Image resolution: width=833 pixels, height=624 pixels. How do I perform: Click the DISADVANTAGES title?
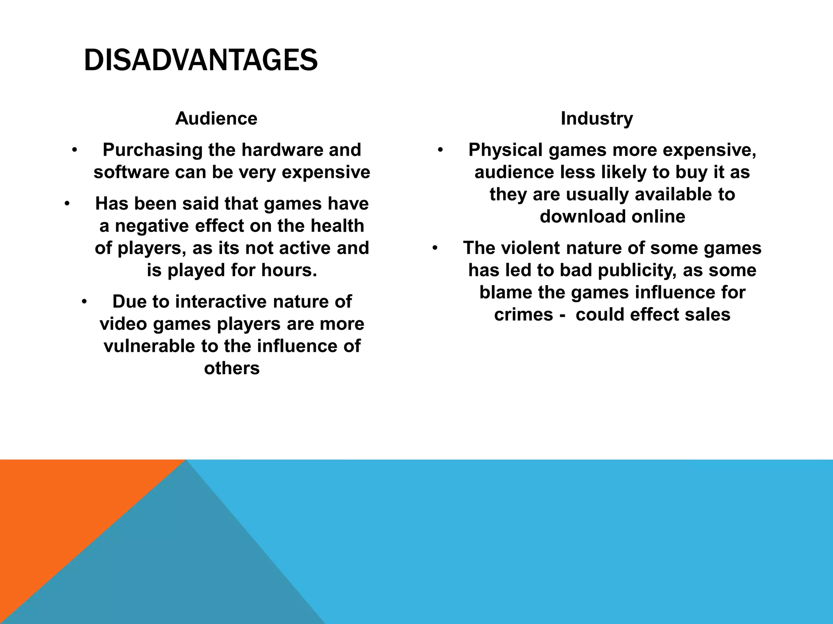pos(201,61)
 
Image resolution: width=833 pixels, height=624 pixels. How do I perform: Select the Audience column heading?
pos(216,119)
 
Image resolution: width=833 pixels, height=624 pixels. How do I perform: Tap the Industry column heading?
pos(597,119)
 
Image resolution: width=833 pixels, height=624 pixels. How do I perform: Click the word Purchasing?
pos(153,150)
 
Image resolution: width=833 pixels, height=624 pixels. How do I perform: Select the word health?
pos(337,226)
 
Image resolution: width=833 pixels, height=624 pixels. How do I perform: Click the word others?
pos(232,368)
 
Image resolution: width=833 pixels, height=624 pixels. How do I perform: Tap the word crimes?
pos(523,315)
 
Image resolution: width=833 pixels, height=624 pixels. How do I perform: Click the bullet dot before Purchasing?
pos(74,150)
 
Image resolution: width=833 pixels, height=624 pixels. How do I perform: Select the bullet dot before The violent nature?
pos(435,248)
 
